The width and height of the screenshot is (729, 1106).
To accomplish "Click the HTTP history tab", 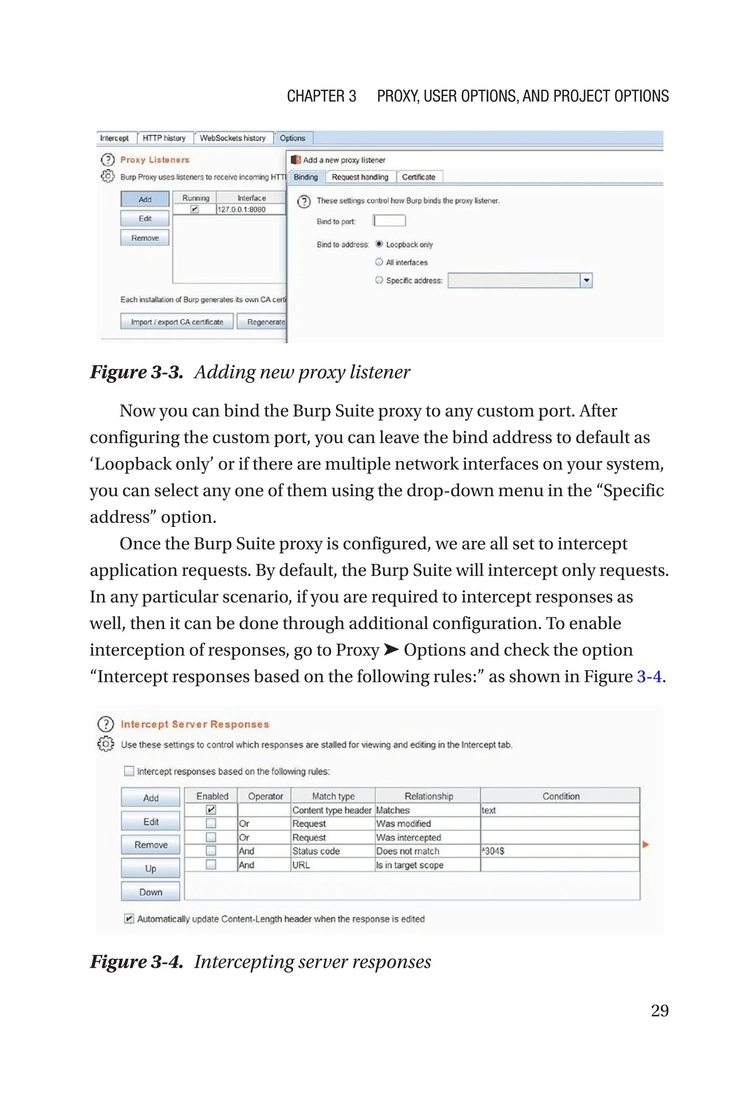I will tap(164, 138).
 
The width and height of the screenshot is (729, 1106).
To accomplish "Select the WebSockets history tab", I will tap(232, 138).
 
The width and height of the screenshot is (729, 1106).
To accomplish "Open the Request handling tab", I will tap(360, 177).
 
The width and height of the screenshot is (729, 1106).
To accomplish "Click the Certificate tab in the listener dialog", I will tap(419, 177).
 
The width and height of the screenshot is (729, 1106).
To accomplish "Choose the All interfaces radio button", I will tap(379, 262).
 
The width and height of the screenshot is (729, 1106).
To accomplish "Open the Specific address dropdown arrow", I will tap(586, 280).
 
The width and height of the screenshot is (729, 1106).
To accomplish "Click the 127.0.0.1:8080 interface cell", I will tap(242, 210).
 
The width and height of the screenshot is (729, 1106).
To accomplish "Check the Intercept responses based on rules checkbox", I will tap(129, 771).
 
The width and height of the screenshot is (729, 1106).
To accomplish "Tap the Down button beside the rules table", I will tap(150, 892).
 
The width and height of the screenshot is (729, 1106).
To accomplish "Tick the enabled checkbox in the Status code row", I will tap(211, 851).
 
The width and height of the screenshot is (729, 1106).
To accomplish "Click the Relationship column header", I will tap(428, 796).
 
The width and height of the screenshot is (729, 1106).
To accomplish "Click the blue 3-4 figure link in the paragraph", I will tap(649, 677).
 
